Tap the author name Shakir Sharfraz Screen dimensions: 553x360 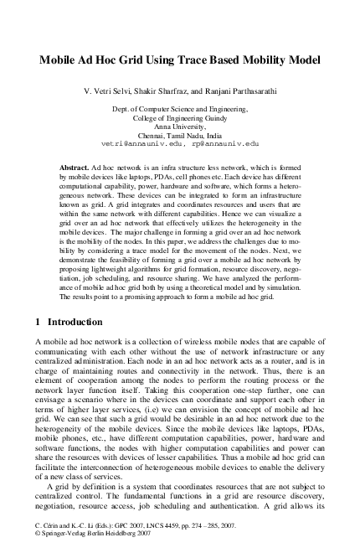click(x=171, y=90)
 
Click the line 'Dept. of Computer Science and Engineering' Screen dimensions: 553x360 click(x=180, y=110)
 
